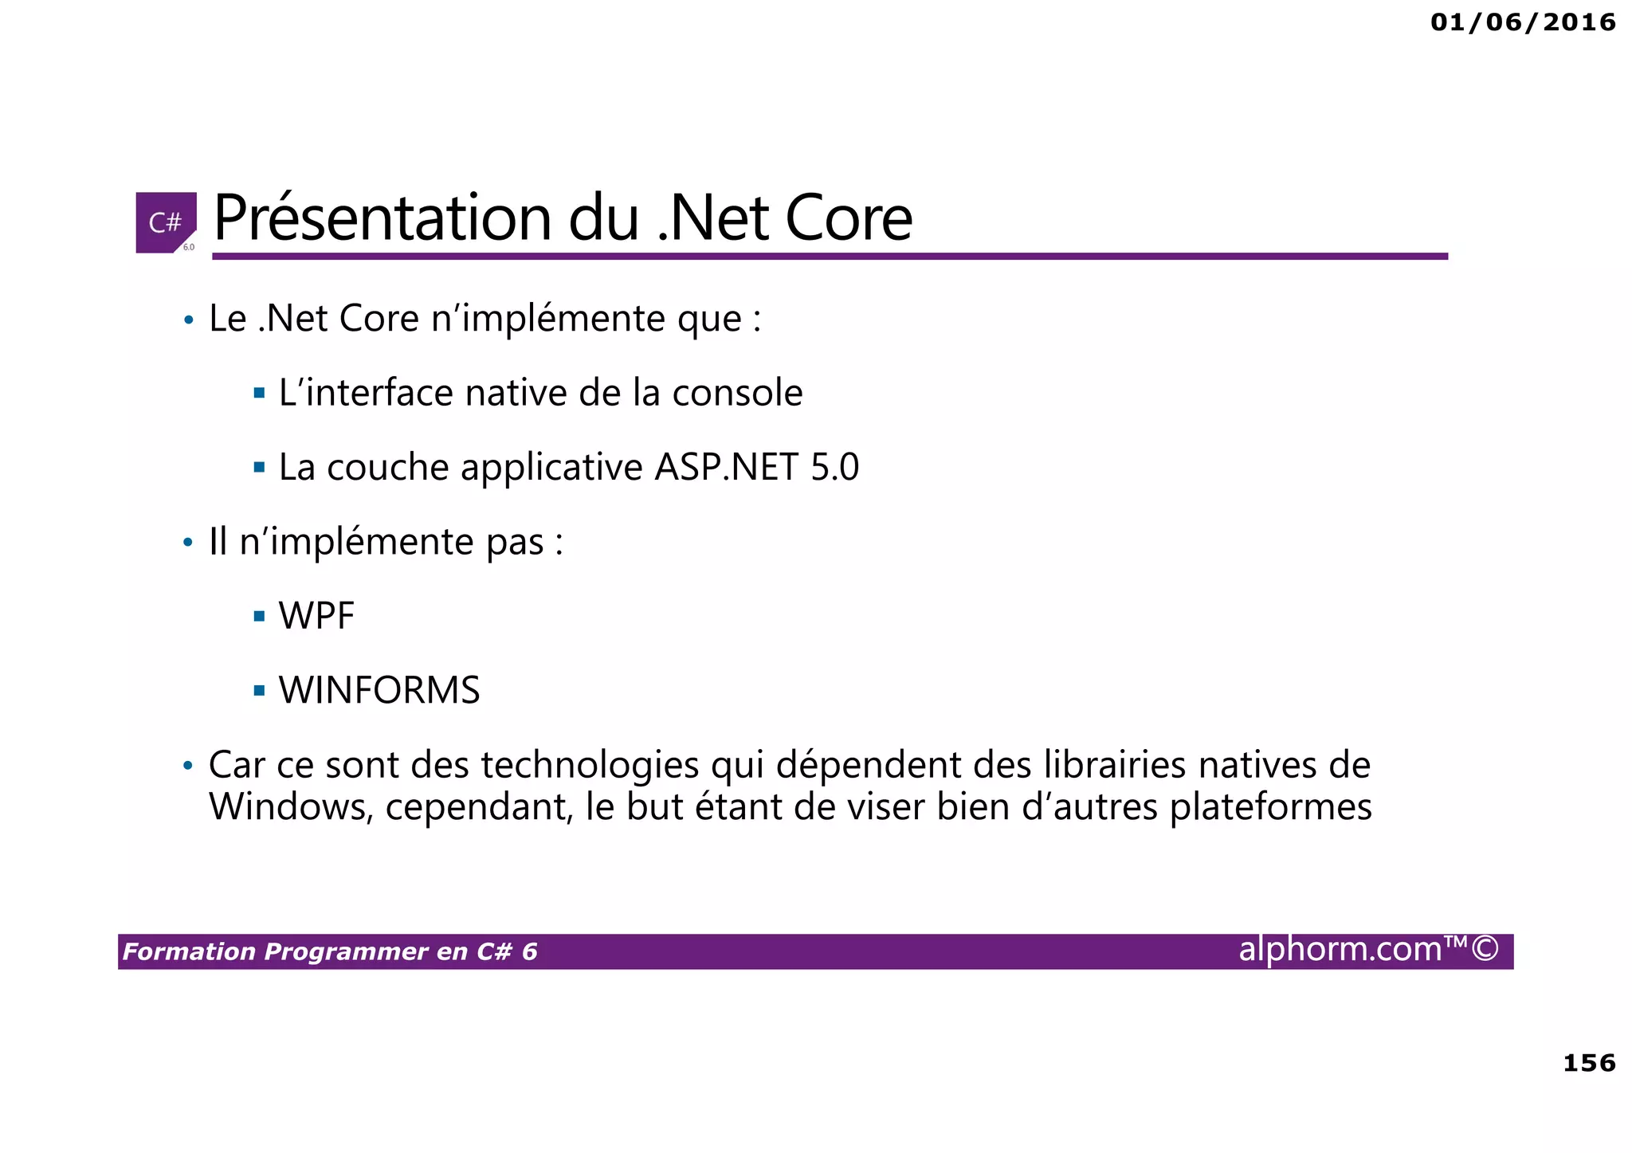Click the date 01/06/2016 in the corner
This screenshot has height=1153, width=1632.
click(1523, 22)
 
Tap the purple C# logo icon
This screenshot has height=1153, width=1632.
click(166, 222)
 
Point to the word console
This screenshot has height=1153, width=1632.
click(737, 393)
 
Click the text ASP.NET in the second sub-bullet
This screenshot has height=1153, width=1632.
click(726, 467)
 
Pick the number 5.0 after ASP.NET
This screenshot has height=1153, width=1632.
click(834, 467)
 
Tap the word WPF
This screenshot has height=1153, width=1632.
click(316, 616)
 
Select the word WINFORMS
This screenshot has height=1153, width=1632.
click(379, 690)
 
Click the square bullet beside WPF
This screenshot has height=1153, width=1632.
click(259, 616)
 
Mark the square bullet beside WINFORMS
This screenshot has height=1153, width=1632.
click(259, 690)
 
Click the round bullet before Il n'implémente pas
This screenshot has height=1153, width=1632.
click(188, 543)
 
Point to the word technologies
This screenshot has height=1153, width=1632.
click(590, 765)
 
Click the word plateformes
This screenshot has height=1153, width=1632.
click(1270, 807)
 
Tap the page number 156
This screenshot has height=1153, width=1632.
click(1589, 1063)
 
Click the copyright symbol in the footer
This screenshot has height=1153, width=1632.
click(1485, 949)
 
